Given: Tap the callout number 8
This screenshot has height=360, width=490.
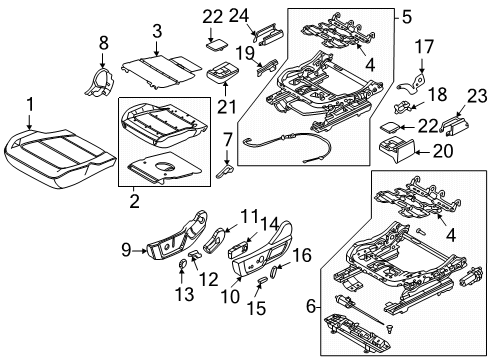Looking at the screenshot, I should (x=103, y=42).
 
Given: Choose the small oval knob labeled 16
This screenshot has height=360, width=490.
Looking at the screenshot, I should (x=280, y=268).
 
